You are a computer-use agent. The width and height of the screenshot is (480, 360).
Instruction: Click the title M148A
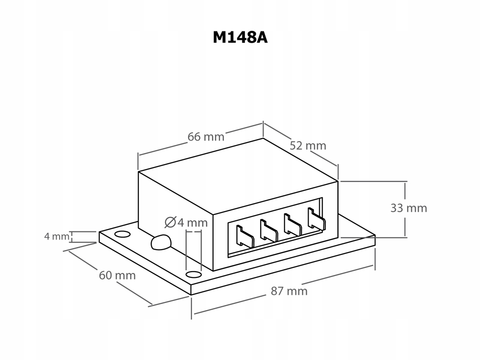click(240, 37)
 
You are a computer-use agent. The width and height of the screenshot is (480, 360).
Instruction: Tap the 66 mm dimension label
click(206, 137)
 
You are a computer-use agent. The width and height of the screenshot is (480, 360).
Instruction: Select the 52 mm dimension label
click(308, 146)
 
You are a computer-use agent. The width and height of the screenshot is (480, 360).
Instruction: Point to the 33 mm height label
click(408, 208)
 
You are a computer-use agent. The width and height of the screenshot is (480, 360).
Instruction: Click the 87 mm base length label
click(289, 291)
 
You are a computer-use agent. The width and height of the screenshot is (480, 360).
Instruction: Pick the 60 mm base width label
click(117, 276)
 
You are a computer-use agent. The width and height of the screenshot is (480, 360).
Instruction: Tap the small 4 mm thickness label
click(57, 236)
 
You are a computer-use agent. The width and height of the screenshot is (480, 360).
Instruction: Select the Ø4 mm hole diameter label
click(186, 223)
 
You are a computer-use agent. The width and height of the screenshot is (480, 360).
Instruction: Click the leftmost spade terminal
click(245, 236)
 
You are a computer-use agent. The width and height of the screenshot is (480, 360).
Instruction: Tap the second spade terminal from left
click(269, 230)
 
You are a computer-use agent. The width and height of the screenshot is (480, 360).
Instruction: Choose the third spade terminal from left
click(293, 224)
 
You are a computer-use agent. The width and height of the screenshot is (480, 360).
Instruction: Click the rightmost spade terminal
click(316, 218)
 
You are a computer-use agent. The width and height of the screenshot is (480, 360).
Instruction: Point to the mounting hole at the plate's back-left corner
click(122, 235)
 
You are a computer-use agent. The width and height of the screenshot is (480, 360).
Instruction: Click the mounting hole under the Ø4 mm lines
click(193, 274)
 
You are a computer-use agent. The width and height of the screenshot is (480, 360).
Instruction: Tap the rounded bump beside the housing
click(161, 242)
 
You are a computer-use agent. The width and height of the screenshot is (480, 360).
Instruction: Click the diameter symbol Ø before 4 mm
click(170, 222)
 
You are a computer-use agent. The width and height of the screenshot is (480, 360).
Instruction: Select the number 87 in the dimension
click(277, 291)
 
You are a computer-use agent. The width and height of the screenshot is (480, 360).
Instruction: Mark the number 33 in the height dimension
click(396, 208)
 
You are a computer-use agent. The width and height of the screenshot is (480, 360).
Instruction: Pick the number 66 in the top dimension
click(194, 137)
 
